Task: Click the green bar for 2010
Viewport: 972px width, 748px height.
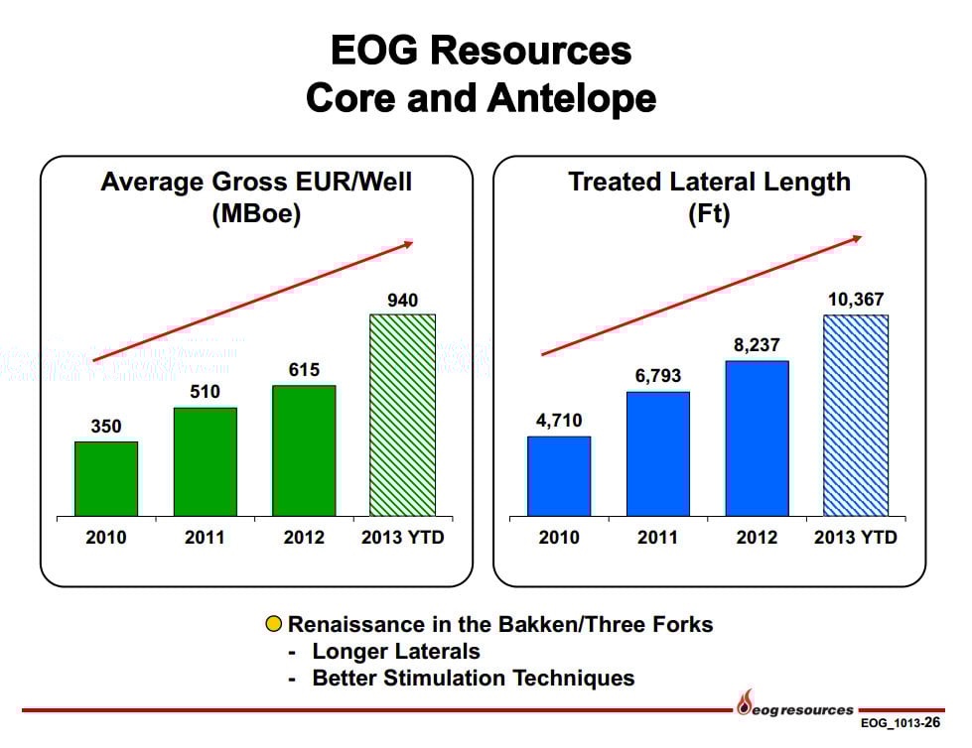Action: pyautogui.click(x=106, y=478)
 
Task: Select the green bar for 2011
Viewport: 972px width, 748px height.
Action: pyautogui.click(x=206, y=461)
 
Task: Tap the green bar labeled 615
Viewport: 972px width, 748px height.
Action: pyautogui.click(x=304, y=450)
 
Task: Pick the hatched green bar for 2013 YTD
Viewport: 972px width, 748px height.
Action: pyautogui.click(x=402, y=415)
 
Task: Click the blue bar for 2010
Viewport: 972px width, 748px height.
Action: pyautogui.click(x=559, y=476)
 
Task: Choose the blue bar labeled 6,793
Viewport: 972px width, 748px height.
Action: pyautogui.click(x=657, y=453)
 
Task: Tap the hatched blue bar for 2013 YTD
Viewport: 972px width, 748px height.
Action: pyautogui.click(x=855, y=416)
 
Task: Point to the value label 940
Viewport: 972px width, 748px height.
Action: pyautogui.click(x=402, y=300)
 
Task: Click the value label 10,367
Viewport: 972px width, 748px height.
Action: pyautogui.click(x=855, y=300)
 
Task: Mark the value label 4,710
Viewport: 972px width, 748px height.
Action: pyautogui.click(x=559, y=421)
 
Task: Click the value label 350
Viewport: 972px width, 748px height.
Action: pyautogui.click(x=106, y=427)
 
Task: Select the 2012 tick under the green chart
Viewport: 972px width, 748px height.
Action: pyautogui.click(x=304, y=538)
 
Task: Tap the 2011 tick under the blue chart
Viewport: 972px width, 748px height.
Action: pyautogui.click(x=657, y=538)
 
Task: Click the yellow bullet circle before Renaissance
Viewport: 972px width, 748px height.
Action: pyautogui.click(x=274, y=625)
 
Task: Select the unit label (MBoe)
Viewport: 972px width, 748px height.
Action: pyautogui.click(x=256, y=215)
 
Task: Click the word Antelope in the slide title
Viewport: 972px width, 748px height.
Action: pyautogui.click(x=571, y=98)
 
